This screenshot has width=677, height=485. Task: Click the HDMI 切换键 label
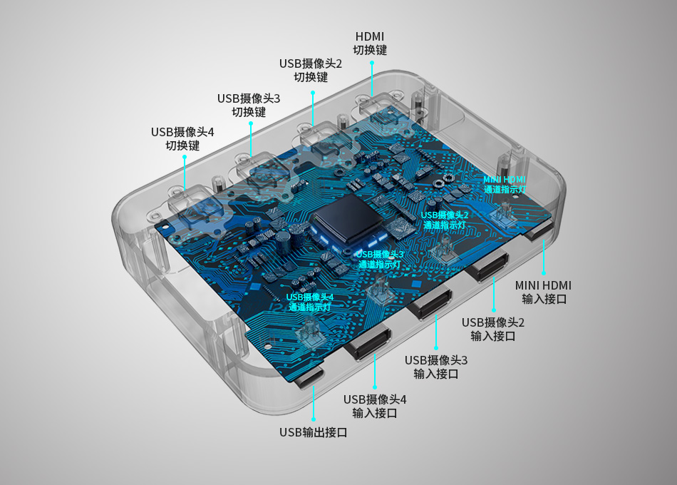tap(370, 44)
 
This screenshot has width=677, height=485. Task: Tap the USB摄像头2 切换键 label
tap(311, 70)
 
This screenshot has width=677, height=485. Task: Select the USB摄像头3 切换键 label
tap(249, 105)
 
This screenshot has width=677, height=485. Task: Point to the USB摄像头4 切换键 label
tap(182, 138)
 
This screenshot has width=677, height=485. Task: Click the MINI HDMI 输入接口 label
tap(543, 292)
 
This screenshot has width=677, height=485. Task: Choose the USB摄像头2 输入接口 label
tap(493, 329)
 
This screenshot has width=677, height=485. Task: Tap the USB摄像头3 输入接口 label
tap(436, 367)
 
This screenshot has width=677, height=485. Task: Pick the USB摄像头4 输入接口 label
tap(375, 406)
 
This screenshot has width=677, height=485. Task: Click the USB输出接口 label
tap(314, 432)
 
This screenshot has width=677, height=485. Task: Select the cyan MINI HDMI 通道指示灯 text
tap(505, 185)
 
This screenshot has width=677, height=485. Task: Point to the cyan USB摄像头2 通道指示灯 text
tap(444, 220)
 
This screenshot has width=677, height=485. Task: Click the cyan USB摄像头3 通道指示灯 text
tap(380, 260)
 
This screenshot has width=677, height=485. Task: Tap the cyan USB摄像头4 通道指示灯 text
tap(309, 302)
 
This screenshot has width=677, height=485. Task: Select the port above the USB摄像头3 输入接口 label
tap(430, 303)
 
